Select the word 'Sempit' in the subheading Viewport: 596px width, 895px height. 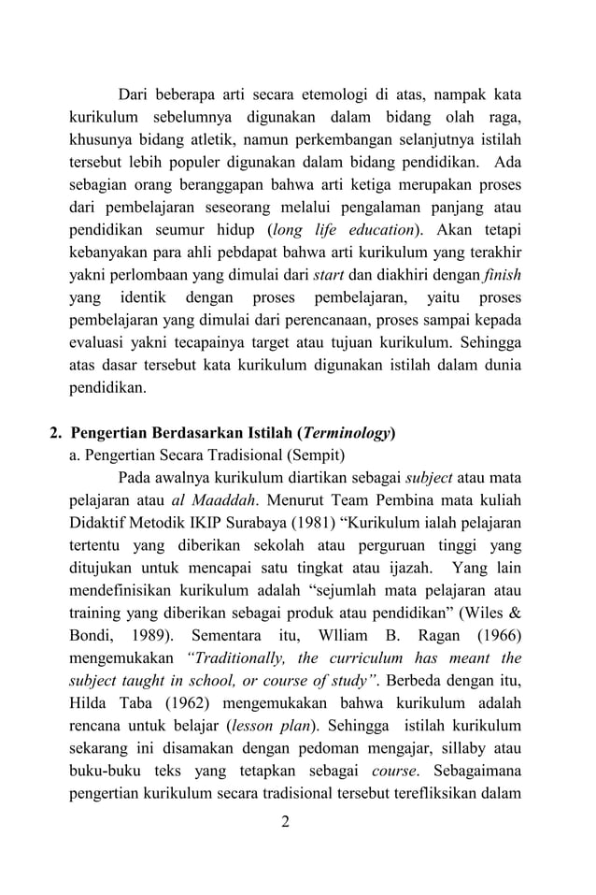click(312, 455)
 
